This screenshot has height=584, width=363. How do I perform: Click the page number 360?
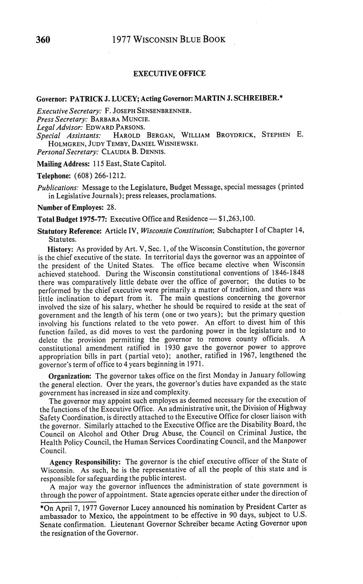click(x=43, y=40)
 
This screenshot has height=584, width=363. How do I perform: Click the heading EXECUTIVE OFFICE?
click(x=169, y=74)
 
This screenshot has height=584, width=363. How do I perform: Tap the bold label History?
click(x=61, y=248)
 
